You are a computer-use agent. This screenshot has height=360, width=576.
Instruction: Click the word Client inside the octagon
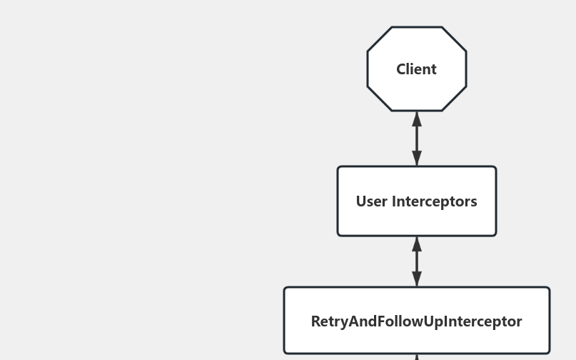click(x=416, y=69)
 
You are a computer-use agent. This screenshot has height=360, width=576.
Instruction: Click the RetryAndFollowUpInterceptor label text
click(x=416, y=321)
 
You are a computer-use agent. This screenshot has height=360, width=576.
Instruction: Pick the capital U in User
click(x=361, y=201)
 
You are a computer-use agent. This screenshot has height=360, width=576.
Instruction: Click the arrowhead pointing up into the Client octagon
click(x=417, y=119)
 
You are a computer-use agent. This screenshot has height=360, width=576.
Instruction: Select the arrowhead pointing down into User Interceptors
click(x=417, y=159)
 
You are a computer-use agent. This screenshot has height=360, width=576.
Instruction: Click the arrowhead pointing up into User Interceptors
click(x=417, y=244)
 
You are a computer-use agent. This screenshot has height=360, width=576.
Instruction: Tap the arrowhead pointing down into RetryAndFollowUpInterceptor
click(x=417, y=279)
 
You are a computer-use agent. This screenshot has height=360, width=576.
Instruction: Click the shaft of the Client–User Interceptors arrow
click(x=417, y=139)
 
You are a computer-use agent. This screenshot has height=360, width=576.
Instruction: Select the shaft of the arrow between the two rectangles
click(x=417, y=261)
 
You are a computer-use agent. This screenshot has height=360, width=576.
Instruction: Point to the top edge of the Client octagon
click(x=417, y=27)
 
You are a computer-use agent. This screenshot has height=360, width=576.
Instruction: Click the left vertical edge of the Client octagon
click(x=368, y=69)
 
